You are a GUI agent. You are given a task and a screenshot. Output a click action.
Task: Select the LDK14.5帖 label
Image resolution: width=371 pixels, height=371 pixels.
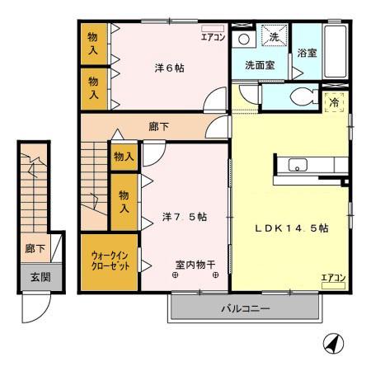(290, 227)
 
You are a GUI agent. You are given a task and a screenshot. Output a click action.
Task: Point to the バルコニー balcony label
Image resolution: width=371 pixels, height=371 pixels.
(247, 310)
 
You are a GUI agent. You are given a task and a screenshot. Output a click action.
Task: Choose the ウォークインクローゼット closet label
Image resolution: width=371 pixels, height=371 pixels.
(109, 261)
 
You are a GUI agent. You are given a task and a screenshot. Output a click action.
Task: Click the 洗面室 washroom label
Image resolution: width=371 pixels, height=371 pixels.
(259, 64)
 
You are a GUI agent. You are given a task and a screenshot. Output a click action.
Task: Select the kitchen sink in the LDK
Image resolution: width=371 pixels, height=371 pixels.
(297, 165)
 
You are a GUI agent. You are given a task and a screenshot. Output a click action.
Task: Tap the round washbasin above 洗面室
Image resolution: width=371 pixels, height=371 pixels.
(243, 39)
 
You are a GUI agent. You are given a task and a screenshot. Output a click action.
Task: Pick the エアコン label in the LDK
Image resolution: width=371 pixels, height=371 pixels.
(333, 277)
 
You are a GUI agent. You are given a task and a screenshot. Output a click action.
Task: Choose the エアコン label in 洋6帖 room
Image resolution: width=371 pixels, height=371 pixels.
(213, 35)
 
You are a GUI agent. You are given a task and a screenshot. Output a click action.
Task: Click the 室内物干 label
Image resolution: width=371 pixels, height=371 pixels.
(195, 265)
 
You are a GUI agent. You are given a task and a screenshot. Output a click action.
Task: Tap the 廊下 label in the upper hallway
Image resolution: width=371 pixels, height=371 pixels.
(160, 128)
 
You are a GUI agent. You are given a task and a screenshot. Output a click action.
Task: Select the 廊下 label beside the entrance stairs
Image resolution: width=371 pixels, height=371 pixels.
(34, 247)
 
